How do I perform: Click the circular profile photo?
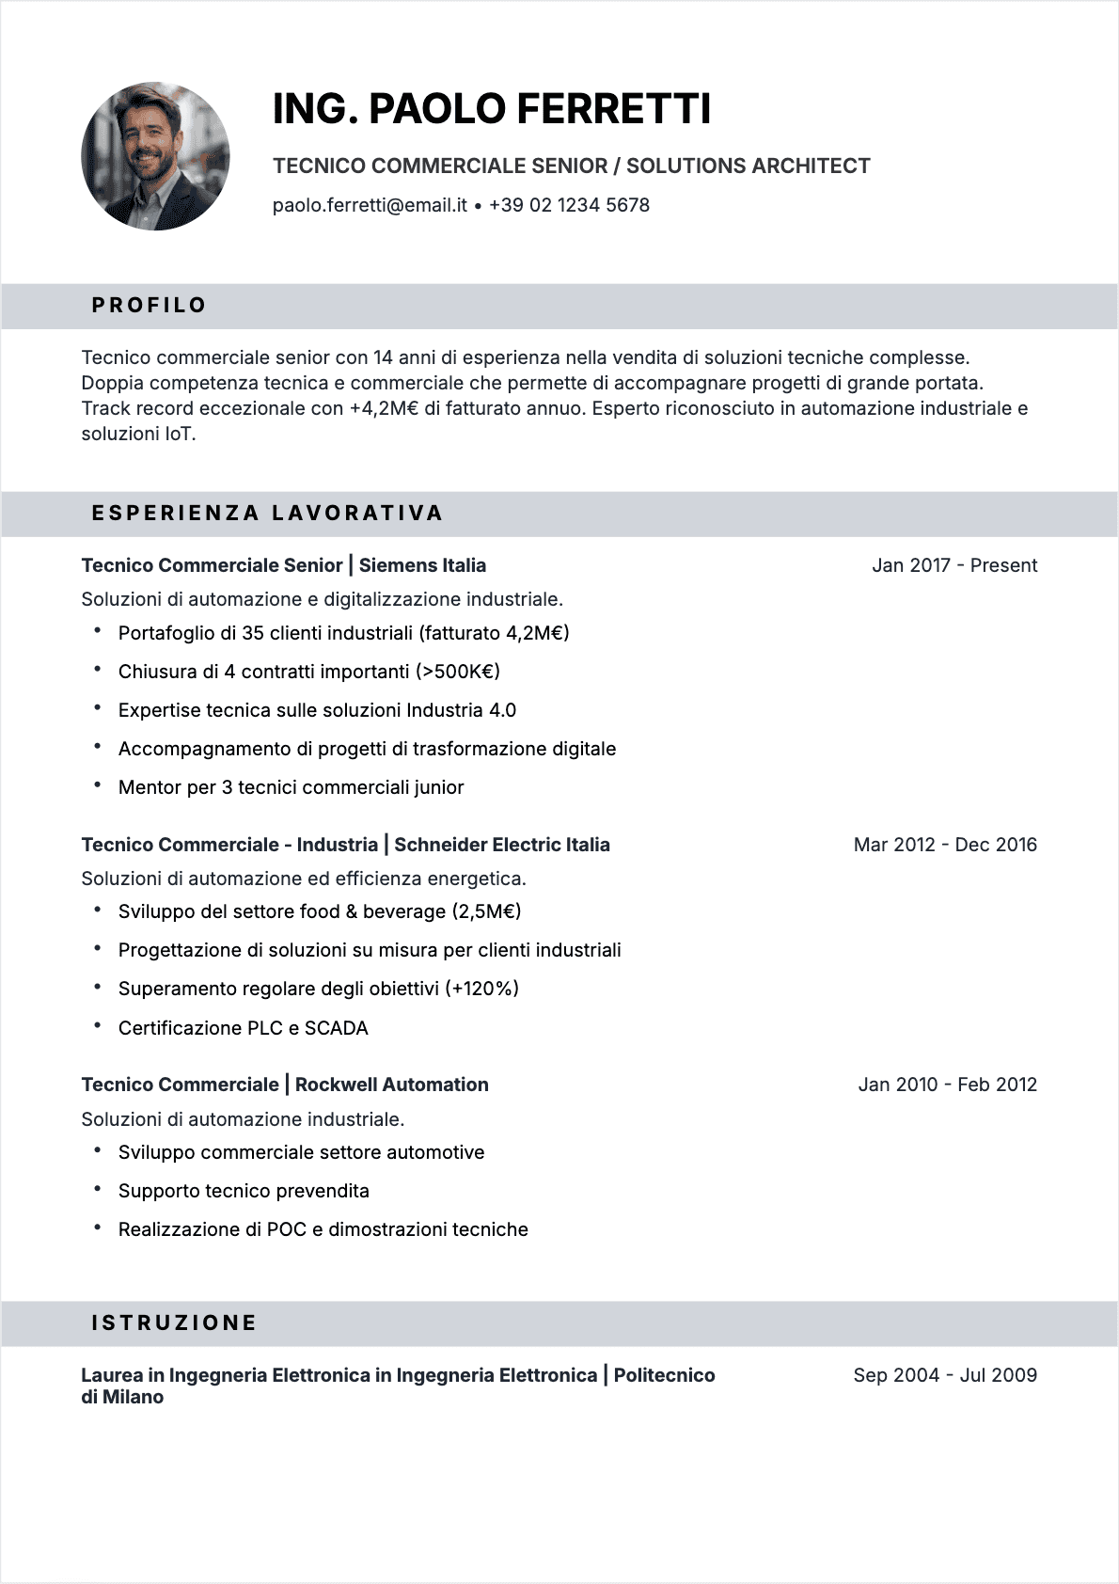click(x=155, y=156)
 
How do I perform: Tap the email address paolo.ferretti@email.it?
click(x=370, y=205)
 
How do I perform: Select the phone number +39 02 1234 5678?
click(x=569, y=205)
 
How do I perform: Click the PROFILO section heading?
click(x=149, y=306)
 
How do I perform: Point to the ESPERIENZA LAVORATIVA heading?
click(x=267, y=514)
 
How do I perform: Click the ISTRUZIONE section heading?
click(x=174, y=1323)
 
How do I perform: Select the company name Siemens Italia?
click(x=422, y=565)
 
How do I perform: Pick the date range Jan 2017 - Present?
click(x=954, y=565)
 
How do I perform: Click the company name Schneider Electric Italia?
click(x=501, y=845)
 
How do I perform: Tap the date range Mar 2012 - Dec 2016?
click(x=944, y=845)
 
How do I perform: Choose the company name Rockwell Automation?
click(x=391, y=1085)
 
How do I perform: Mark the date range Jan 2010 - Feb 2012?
click(x=947, y=1085)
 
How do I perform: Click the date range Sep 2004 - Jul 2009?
click(x=944, y=1375)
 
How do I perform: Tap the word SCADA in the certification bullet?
click(x=336, y=1028)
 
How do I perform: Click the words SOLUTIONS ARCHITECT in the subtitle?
click(x=748, y=166)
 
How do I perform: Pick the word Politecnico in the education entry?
click(x=664, y=1375)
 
